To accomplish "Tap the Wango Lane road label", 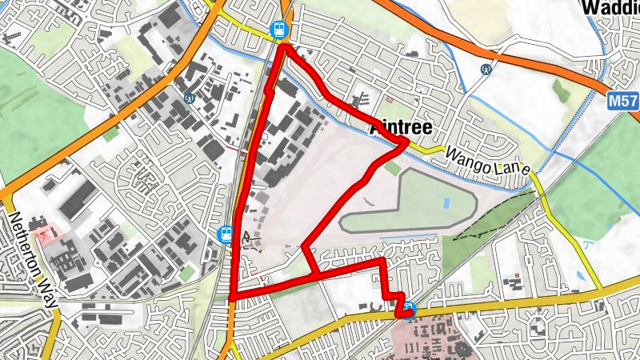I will point(488,160).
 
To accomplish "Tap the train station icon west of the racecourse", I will point(226,234).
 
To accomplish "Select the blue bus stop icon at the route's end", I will point(410,308).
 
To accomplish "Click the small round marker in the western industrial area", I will point(190,98).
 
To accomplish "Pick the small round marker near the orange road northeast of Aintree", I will point(486,70).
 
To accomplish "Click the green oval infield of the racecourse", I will point(408,204).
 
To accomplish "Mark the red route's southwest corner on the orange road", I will point(231,298).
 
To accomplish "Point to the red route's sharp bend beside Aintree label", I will point(406,144).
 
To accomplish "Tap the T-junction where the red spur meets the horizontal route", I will point(318,276).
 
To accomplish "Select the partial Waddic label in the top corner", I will point(611,7).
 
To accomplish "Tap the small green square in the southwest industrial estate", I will point(186,274).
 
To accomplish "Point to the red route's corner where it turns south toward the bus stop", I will point(382,262).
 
